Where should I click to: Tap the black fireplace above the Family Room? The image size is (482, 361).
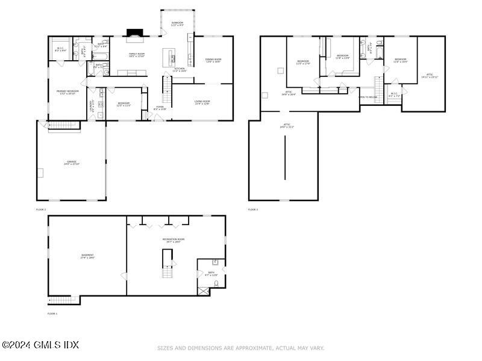(x=133, y=33)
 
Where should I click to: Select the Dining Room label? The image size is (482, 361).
(x=213, y=60)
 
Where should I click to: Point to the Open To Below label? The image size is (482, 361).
(x=368, y=97)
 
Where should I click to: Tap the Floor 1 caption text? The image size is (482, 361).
(x=53, y=314)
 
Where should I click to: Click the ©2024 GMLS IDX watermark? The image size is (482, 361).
(x=40, y=345)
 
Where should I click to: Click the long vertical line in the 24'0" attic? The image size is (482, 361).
(x=285, y=157)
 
